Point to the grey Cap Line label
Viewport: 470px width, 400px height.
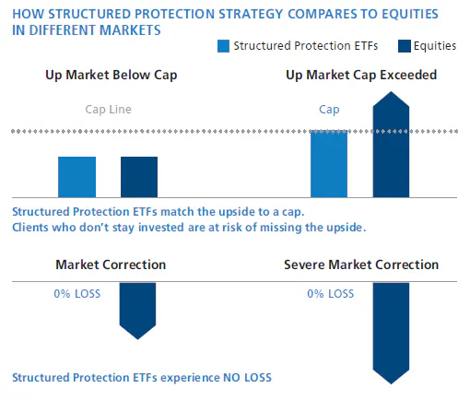(108, 110)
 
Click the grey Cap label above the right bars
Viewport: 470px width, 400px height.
(329, 110)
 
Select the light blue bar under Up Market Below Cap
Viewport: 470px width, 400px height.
(76, 176)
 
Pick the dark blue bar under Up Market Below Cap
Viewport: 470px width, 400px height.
(139, 176)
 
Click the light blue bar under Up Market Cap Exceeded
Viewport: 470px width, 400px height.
(329, 164)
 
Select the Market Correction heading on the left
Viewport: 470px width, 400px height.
(111, 265)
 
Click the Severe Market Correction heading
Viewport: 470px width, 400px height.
(360, 265)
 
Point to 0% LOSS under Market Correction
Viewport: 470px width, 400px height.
(76, 294)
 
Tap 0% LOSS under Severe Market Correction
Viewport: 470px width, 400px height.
(330, 294)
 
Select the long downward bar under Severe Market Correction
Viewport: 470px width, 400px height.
(391, 332)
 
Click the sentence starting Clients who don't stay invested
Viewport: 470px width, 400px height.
(189, 227)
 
